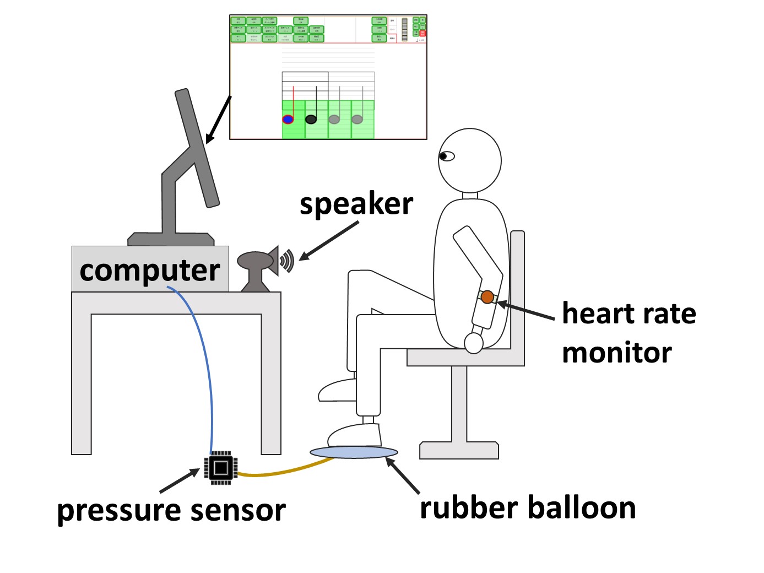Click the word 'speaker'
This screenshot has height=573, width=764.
[x=356, y=205]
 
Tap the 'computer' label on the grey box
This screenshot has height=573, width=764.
[x=150, y=271]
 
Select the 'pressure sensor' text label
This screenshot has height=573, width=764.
[x=171, y=510]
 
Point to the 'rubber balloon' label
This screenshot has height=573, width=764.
[x=528, y=507]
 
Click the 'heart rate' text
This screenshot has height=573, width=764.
[x=628, y=313]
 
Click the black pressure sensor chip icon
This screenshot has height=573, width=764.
[x=221, y=468]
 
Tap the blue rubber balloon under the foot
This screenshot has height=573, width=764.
[x=354, y=452]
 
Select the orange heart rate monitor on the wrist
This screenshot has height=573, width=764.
[x=487, y=298]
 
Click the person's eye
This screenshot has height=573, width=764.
[x=446, y=156]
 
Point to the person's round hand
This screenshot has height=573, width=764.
[x=473, y=343]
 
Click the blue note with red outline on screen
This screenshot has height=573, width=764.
[x=288, y=119]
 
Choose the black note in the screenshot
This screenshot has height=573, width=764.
[x=311, y=119]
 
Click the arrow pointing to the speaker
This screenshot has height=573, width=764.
[x=328, y=241]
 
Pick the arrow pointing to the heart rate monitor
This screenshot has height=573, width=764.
[x=527, y=311]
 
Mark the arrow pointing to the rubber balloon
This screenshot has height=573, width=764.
[x=403, y=475]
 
